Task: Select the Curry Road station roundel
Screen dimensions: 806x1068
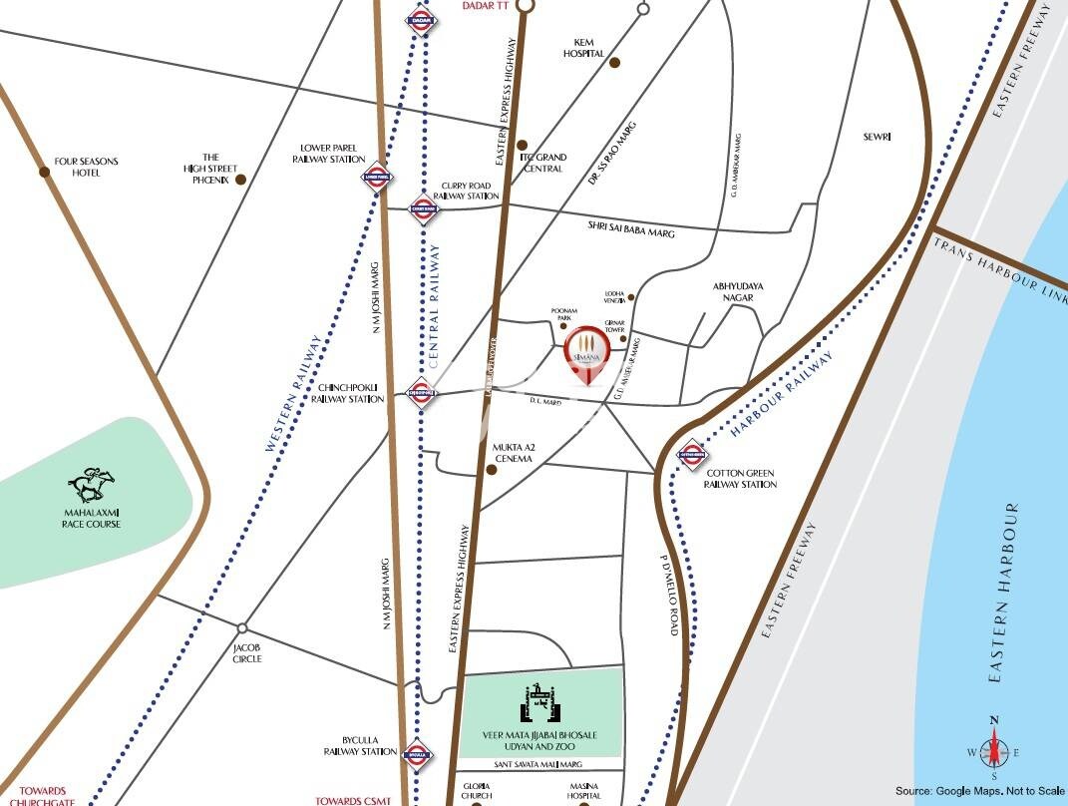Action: (x=423, y=209)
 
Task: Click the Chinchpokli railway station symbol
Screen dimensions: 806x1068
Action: (x=421, y=391)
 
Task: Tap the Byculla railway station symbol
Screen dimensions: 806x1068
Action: (x=416, y=755)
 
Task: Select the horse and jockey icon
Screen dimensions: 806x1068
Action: (x=92, y=485)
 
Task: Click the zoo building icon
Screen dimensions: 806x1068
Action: (x=538, y=704)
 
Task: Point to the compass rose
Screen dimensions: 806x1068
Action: (x=993, y=750)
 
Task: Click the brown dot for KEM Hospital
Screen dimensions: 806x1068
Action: (x=615, y=63)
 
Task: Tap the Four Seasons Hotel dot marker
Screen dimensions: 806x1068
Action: (x=45, y=172)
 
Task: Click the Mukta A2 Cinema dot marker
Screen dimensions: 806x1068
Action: (x=490, y=469)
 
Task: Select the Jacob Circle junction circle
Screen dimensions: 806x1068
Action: (x=242, y=628)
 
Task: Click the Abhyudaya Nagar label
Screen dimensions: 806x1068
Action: (x=738, y=291)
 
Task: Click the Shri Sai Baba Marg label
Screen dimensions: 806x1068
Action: (x=631, y=228)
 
